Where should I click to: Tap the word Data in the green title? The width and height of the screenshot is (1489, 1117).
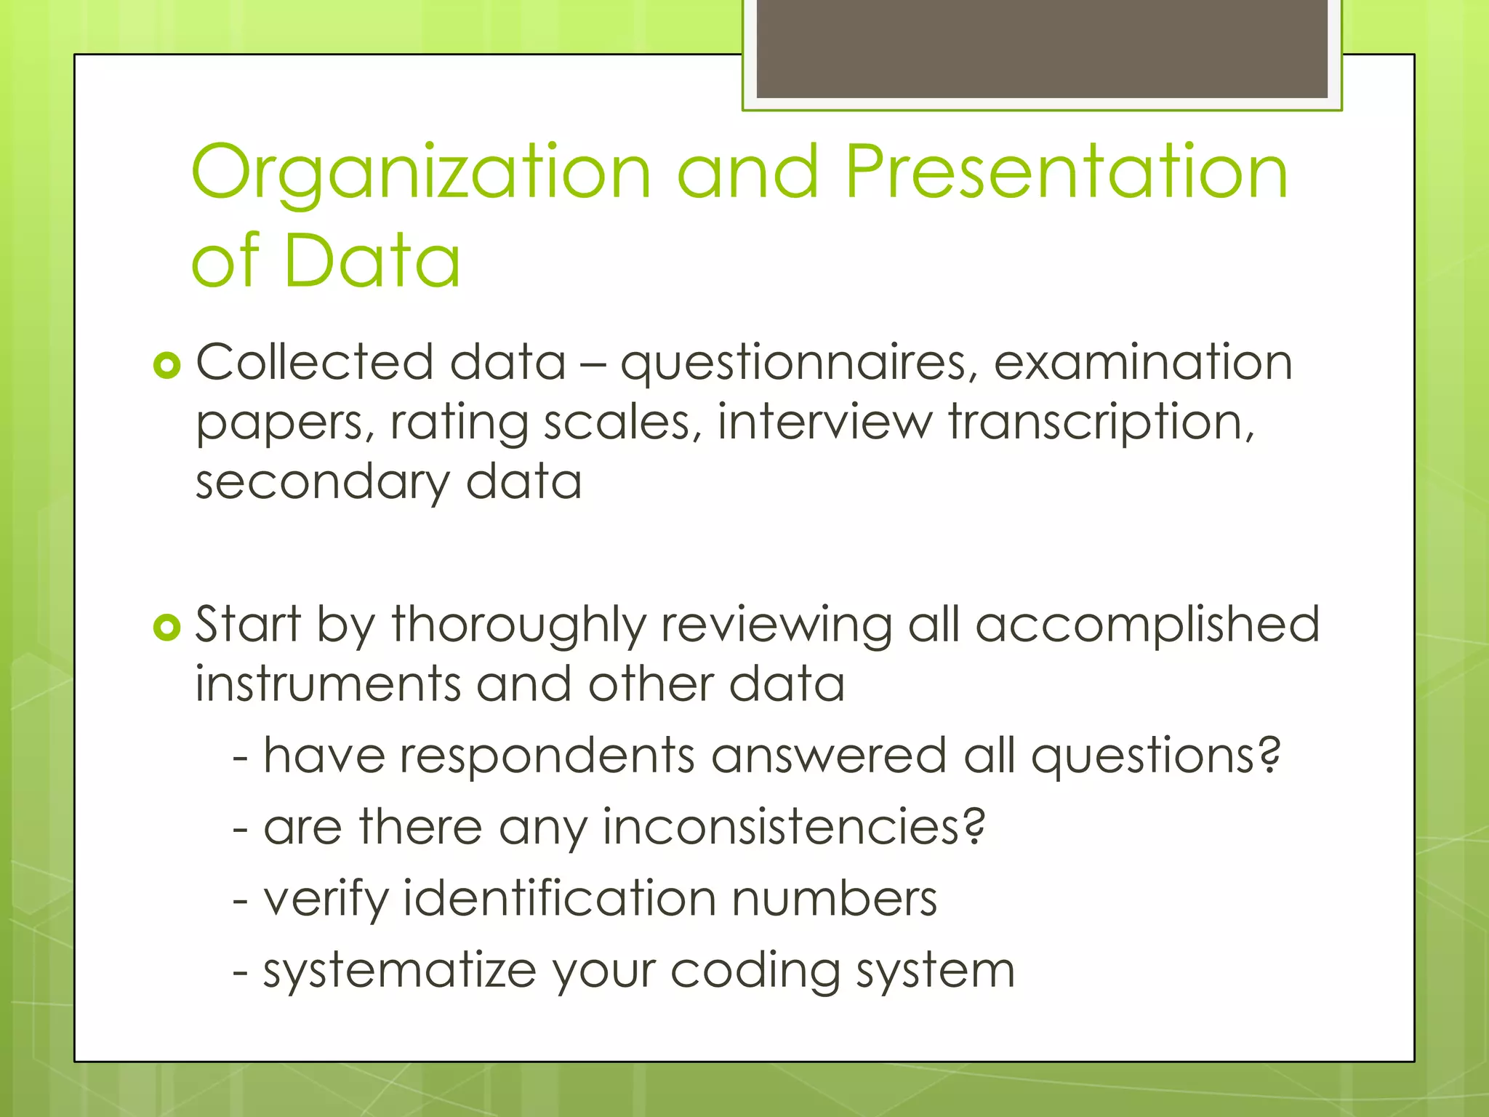(372, 260)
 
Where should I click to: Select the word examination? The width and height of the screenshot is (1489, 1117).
(1142, 362)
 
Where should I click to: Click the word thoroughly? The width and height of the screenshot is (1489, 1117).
(518, 625)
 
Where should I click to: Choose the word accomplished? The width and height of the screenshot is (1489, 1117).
(1147, 625)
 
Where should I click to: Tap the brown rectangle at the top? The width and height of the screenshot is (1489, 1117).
(1042, 48)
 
